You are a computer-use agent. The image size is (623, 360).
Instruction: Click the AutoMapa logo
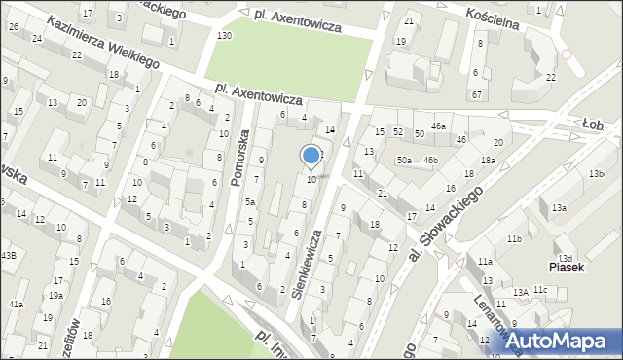[564, 341]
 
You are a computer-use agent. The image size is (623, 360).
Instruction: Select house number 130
[224, 36]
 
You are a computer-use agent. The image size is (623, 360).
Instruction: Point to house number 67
[476, 94]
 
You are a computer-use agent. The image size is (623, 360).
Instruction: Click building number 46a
[439, 126]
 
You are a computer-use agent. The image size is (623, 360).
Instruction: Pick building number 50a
[404, 160]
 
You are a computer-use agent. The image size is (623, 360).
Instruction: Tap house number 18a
[487, 160]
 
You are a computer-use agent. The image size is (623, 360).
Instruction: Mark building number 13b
[596, 173]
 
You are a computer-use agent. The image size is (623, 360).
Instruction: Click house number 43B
[8, 255]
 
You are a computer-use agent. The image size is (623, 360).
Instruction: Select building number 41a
[16, 305]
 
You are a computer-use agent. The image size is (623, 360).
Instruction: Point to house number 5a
[250, 201]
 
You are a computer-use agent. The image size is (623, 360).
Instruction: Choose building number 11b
[513, 239]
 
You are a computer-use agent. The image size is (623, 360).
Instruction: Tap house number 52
[398, 131]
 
